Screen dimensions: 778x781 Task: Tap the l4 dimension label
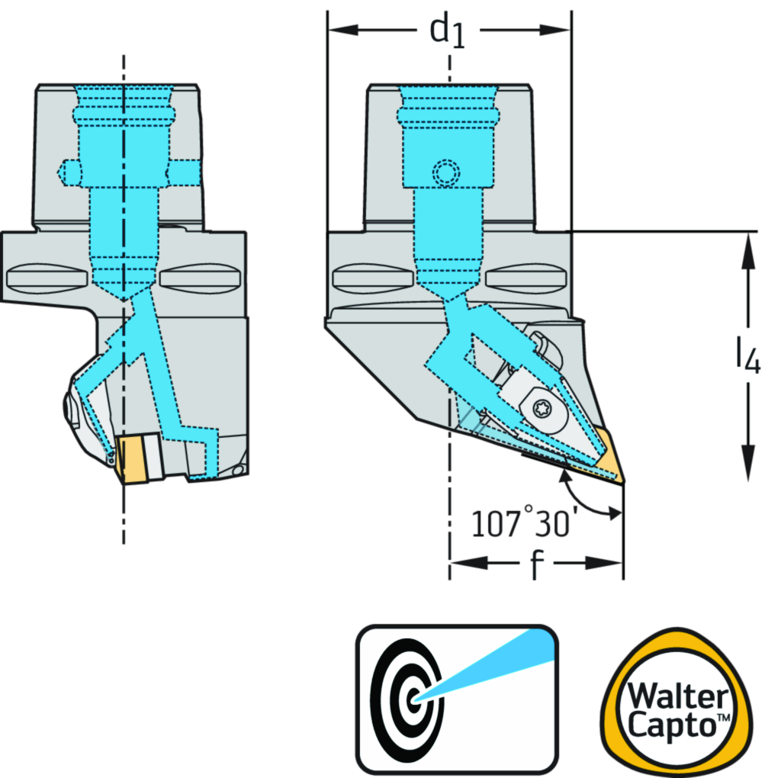(x=747, y=355)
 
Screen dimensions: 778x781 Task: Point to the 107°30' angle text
(x=523, y=525)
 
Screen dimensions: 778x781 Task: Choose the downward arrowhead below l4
(x=748, y=461)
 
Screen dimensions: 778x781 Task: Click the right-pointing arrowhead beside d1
(x=557, y=31)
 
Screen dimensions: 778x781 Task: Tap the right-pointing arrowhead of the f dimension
(x=610, y=563)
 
